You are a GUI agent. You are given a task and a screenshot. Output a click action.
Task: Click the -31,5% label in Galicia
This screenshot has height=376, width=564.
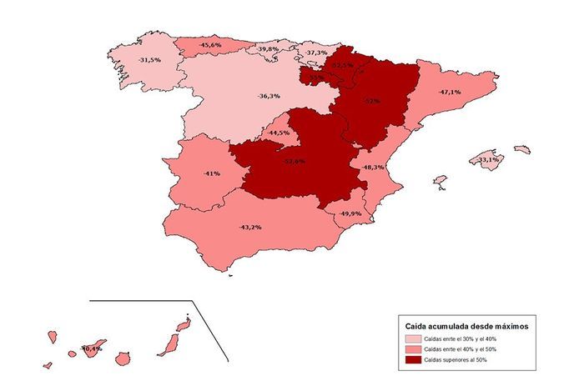point(149,60)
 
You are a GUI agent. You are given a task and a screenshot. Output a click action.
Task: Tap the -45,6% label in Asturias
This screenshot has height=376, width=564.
point(210,44)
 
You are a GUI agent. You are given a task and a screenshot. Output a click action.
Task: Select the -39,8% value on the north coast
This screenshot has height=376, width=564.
point(268,50)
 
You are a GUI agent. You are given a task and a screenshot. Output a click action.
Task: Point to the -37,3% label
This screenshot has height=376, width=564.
point(315,53)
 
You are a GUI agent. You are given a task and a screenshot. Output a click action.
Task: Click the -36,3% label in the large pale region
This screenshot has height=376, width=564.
point(269,96)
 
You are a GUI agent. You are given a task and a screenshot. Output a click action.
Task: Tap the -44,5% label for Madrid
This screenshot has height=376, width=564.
point(279,133)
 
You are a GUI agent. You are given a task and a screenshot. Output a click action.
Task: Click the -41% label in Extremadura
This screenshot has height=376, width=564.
point(211,173)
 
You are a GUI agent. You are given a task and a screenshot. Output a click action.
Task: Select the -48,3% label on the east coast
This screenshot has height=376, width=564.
point(372,168)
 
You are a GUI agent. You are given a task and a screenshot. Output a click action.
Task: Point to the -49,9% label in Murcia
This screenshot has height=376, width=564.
point(349,214)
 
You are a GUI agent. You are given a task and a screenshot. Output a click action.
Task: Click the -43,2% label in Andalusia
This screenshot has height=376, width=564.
point(251,227)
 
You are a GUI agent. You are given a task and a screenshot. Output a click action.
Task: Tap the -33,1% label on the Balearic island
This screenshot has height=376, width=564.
point(487,159)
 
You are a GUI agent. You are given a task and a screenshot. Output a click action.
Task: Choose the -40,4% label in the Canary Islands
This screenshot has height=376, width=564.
point(91,348)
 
